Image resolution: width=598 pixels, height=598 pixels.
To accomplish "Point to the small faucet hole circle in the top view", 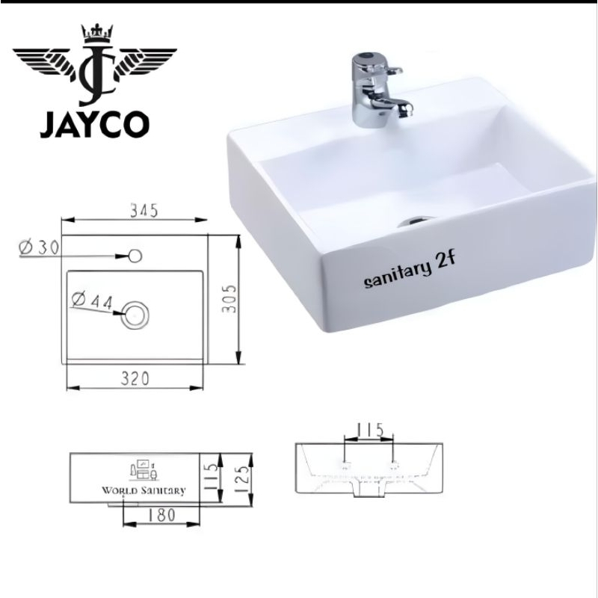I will click(x=135, y=256).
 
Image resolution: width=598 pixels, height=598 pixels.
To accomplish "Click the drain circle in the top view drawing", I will click(x=135, y=314).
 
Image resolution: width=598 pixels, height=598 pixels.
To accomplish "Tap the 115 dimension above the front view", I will click(x=369, y=430).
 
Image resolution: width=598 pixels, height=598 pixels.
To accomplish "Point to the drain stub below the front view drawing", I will click(x=367, y=493).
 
